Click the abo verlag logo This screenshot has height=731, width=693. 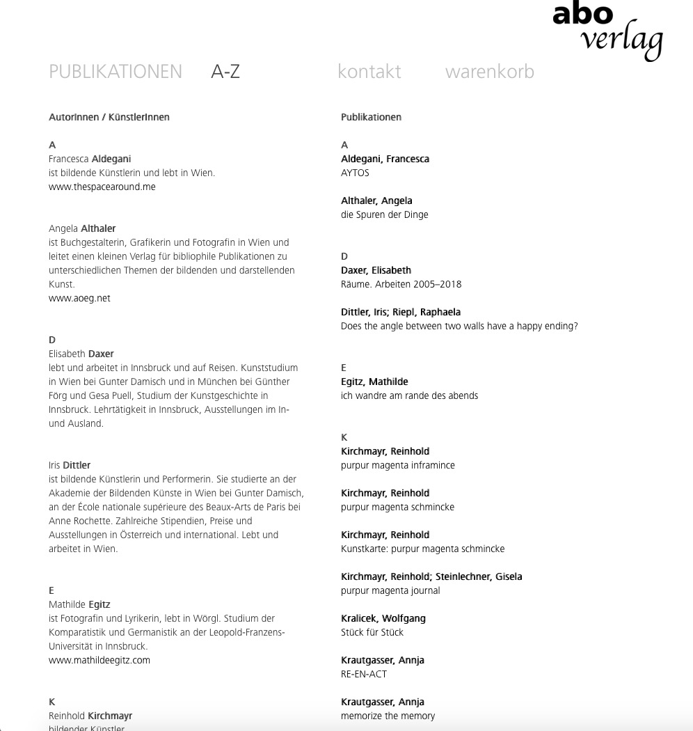point(607,31)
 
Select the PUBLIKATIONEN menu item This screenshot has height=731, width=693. point(115,72)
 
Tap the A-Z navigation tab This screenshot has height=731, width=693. point(225,72)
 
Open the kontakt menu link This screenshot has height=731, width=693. point(369,72)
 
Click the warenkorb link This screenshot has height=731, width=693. point(489,72)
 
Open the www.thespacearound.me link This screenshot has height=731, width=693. point(102,187)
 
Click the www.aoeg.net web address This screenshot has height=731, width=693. point(79,298)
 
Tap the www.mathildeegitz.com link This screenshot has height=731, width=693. point(99,660)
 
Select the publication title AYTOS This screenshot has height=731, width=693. point(355,173)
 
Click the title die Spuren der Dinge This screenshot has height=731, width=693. point(384,214)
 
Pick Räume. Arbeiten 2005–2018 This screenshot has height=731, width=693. point(401,284)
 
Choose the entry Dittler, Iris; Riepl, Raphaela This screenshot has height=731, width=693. point(400,312)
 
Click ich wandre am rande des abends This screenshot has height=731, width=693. point(409,395)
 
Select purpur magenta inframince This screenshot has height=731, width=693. point(397,465)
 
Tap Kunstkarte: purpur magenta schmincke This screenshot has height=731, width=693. point(422,549)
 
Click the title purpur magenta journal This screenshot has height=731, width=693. point(390,590)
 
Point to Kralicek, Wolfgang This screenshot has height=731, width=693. point(383,618)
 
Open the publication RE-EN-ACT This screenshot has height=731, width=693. point(363,674)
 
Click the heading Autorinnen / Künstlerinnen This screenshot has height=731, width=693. point(109,117)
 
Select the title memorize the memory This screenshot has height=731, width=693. point(388,716)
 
